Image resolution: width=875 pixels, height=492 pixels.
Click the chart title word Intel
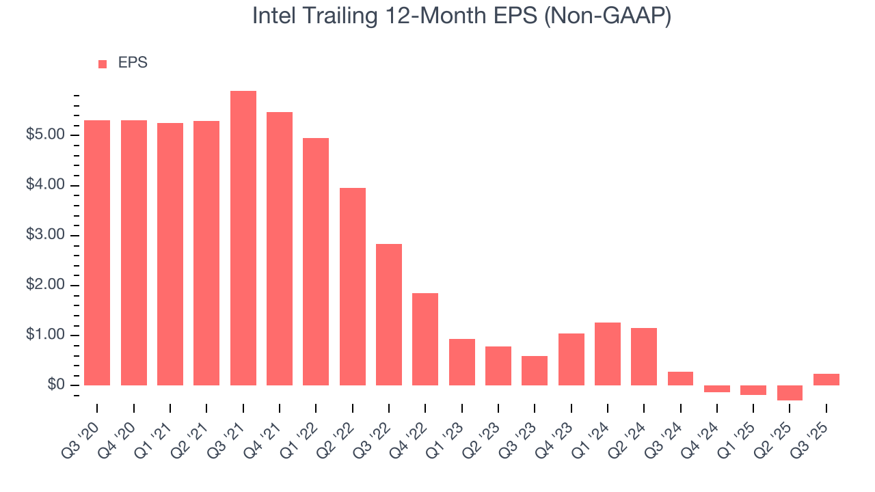tap(273, 16)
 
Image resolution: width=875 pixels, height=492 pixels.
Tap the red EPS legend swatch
tap(103, 64)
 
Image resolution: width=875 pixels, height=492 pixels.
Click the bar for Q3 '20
tap(97, 253)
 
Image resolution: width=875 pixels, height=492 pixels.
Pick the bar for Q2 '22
tap(352, 286)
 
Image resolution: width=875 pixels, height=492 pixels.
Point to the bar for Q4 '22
tap(425, 339)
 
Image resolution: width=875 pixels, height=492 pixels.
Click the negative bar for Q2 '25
tap(790, 393)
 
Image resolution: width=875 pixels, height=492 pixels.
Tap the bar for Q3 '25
tap(826, 379)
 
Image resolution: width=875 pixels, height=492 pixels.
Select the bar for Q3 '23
tap(535, 370)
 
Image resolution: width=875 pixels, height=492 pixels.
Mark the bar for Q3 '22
tap(389, 314)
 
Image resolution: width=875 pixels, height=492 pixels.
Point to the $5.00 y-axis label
tap(46, 135)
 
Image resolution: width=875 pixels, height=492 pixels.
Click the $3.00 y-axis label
tap(46, 236)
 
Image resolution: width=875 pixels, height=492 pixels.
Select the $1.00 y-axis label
tap(46, 336)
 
